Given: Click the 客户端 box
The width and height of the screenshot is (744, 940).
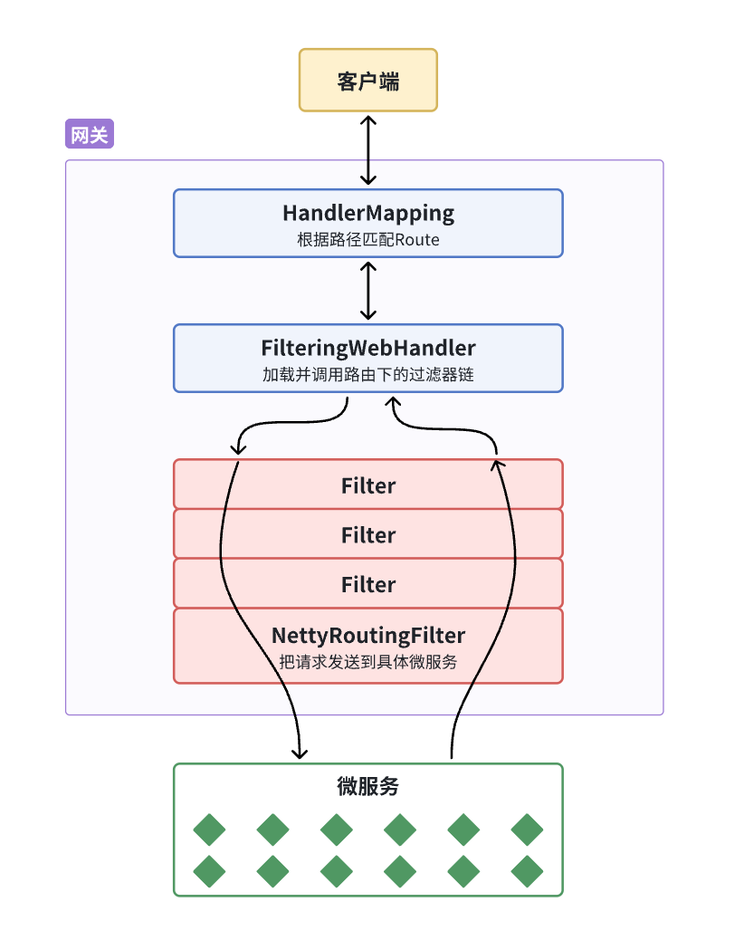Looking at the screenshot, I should (x=368, y=81).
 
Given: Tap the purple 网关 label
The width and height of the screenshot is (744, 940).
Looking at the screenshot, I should (x=90, y=135).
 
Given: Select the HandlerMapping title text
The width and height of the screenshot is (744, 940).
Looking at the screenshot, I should (x=368, y=214).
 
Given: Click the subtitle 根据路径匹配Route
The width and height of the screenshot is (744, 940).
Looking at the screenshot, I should (x=368, y=240).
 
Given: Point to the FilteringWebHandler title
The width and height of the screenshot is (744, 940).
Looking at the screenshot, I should (x=368, y=348).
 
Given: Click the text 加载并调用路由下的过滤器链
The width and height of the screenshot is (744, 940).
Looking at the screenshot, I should (x=368, y=375).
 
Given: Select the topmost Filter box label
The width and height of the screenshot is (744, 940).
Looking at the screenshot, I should (x=368, y=485).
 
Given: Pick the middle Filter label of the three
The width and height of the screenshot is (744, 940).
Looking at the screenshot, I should (x=368, y=535).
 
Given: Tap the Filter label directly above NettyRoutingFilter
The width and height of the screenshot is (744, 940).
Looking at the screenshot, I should (x=368, y=585).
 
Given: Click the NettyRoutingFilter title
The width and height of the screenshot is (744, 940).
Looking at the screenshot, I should (x=368, y=636).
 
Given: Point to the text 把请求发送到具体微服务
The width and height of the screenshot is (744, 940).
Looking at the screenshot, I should (x=368, y=662).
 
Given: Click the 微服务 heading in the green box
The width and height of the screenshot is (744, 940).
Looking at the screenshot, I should (x=368, y=787).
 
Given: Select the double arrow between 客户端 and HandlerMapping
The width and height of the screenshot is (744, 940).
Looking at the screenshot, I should (x=367, y=149).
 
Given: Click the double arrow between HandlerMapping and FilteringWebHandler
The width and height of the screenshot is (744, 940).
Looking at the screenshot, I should (x=367, y=291).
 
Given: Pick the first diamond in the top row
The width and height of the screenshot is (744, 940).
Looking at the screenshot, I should (x=210, y=830).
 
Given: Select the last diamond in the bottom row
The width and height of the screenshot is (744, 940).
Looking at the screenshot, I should (x=527, y=872).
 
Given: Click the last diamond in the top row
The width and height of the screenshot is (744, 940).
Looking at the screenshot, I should (x=527, y=830).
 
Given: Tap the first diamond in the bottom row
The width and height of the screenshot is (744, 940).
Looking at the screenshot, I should (x=210, y=872).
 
